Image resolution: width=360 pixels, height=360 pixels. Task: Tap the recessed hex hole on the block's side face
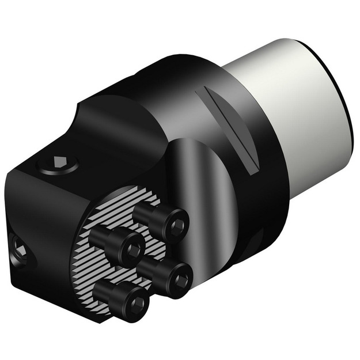pyautogui.click(x=18, y=249)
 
